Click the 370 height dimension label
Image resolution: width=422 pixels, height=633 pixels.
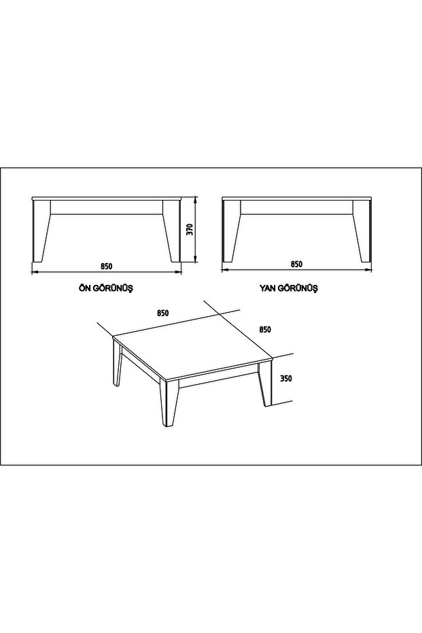point(190,229)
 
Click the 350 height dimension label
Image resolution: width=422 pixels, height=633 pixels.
point(285,379)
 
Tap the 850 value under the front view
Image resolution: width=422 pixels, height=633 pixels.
point(106,266)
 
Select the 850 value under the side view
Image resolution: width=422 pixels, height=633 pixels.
point(296,264)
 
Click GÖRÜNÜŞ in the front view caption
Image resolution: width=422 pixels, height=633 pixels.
point(113,288)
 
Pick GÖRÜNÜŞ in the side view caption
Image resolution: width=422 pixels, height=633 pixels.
point(298,288)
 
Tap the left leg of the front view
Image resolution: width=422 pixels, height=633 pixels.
point(41,230)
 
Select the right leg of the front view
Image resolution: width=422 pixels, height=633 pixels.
point(171,230)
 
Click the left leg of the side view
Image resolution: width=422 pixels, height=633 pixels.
point(231,230)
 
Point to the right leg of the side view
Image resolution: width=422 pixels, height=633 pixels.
point(362,230)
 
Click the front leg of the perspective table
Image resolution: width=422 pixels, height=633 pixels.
point(169,403)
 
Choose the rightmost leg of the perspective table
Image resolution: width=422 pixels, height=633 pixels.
point(264,383)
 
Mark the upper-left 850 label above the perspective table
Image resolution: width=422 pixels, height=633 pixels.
point(162,313)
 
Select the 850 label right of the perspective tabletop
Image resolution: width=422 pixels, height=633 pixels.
point(264,329)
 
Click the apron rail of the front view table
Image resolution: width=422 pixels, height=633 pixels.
point(107,207)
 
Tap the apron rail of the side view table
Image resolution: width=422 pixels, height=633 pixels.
point(296,207)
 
